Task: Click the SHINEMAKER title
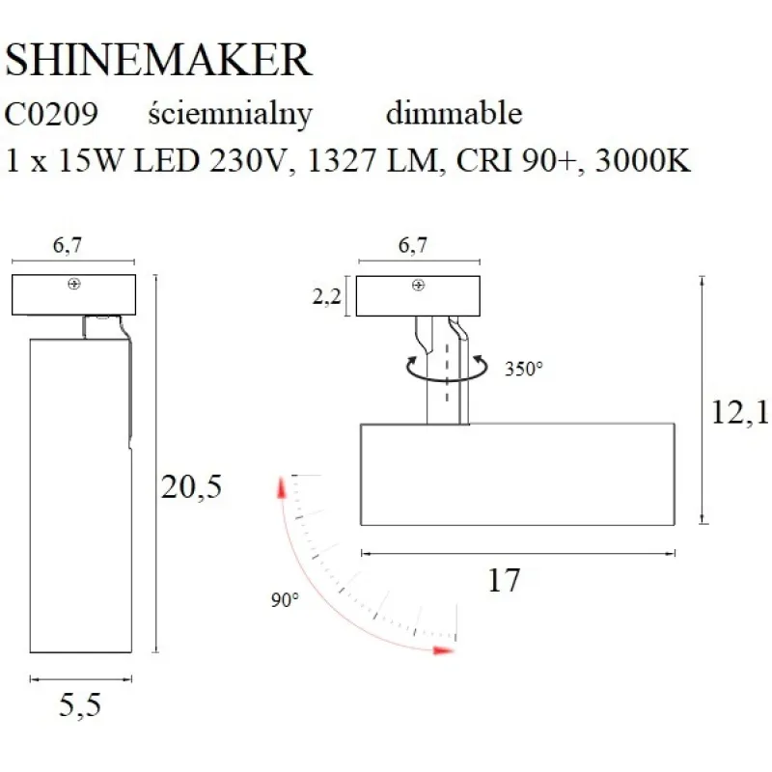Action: (x=158, y=60)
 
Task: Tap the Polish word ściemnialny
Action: (x=231, y=114)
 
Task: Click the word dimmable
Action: (x=454, y=114)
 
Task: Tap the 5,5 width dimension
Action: (x=79, y=706)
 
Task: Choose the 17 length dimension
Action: (x=505, y=580)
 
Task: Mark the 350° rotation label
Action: (x=523, y=368)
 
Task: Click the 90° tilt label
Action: (x=285, y=599)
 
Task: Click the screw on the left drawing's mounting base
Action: (x=73, y=285)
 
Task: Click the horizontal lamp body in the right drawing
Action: (x=516, y=473)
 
